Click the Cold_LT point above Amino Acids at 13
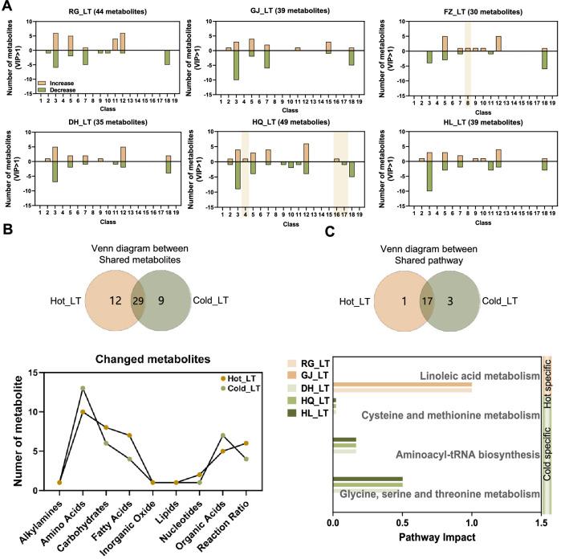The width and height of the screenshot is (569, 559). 83,388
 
